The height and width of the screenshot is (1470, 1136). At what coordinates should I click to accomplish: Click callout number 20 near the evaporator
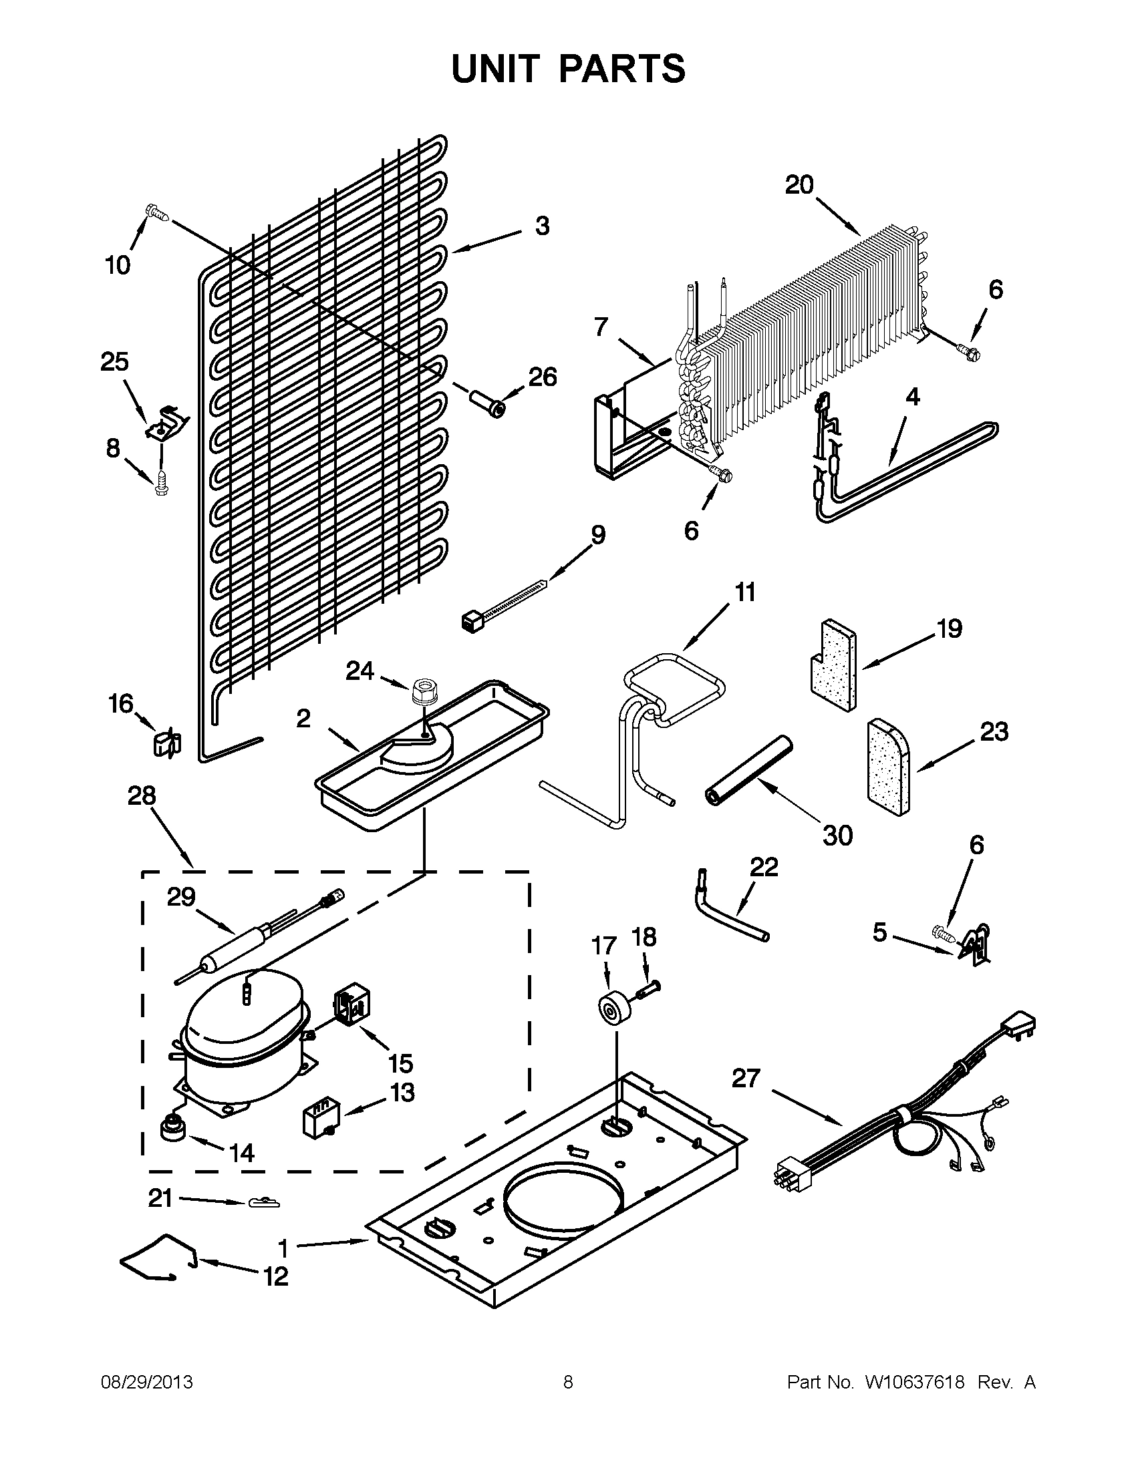point(799,184)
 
